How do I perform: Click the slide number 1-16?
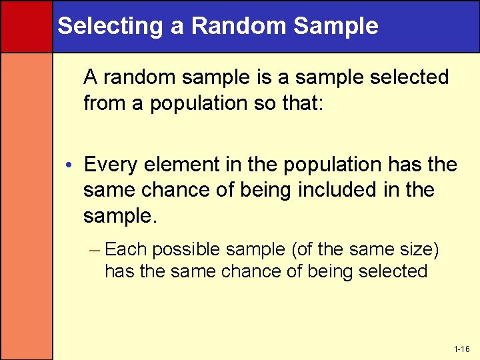click(461, 349)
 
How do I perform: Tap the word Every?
click(111, 164)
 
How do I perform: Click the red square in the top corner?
click(26, 26)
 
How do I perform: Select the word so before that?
click(267, 103)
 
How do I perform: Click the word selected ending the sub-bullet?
click(393, 271)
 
